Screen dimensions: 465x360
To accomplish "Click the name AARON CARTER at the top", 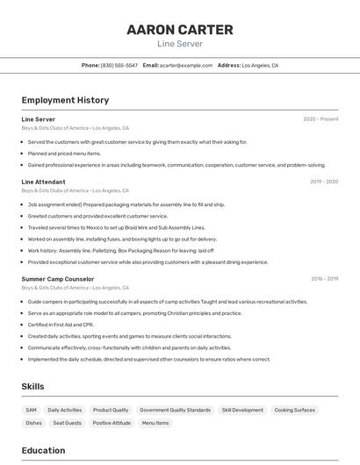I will coord(180,30).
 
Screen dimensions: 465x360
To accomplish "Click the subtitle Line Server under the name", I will coord(180,44).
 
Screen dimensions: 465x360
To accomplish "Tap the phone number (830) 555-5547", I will coord(119,65).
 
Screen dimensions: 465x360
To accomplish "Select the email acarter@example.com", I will coord(186,65).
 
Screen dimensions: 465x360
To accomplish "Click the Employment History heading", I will coord(65,100).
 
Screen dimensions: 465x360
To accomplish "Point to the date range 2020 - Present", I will coord(320,119).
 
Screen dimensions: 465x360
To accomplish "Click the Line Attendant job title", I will coord(43,182).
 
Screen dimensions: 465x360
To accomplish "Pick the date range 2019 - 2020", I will coord(324,182).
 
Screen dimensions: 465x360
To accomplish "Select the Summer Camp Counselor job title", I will coord(57,279).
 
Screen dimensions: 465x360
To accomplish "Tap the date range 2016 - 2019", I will coord(324,279).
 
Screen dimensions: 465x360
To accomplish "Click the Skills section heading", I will coord(32,386).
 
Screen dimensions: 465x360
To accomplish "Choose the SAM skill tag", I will coord(32,410).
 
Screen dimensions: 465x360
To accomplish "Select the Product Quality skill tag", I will coord(111,410).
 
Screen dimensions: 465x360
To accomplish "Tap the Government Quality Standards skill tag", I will coord(175,410).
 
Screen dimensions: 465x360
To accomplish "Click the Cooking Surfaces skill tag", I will coord(294,410).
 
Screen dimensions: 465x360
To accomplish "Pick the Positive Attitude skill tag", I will coord(112,423).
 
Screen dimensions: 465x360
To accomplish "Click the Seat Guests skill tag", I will coord(67,423).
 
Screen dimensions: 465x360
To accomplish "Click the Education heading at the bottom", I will coord(43,451).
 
